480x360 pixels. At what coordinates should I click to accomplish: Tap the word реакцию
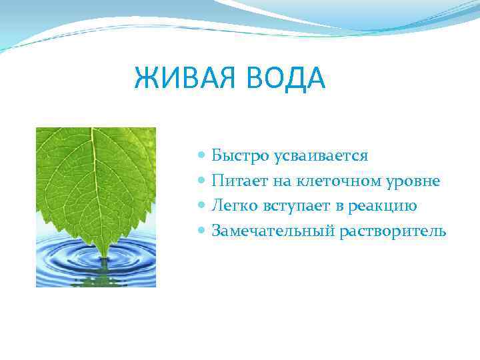[x=382, y=206]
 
